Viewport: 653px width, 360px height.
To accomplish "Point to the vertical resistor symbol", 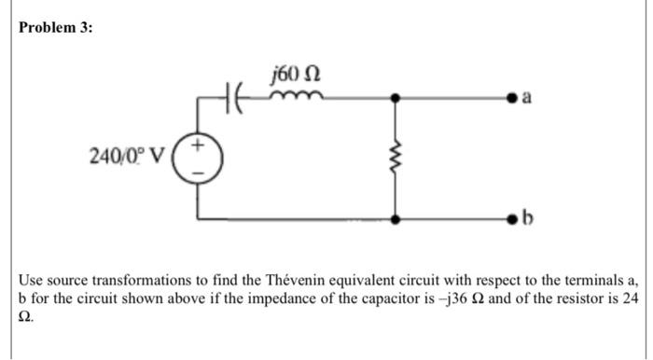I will (396, 156).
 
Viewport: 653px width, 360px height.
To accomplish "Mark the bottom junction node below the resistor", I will (396, 220).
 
